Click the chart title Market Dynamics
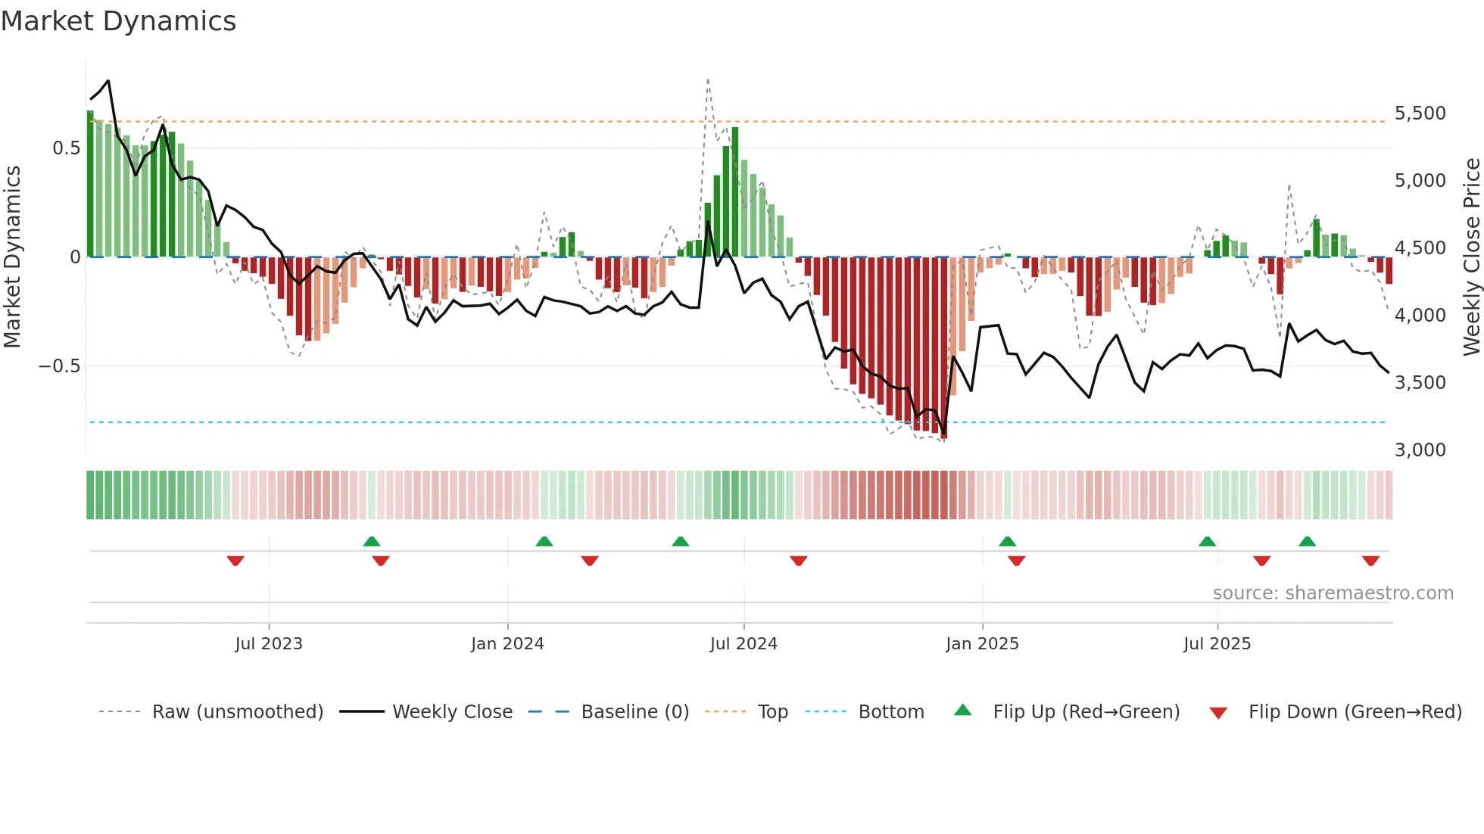point(118,21)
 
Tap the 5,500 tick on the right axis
point(1420,114)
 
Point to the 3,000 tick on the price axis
point(1420,450)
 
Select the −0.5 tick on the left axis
point(59,366)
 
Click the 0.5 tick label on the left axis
point(66,148)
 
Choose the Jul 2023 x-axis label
point(268,644)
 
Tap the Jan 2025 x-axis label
point(982,644)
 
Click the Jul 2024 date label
point(744,644)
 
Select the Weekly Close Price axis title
point(1471,257)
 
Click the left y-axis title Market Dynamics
point(12,257)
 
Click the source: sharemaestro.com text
point(1333,593)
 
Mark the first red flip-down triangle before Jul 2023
point(235,561)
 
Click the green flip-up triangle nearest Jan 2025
point(1007,541)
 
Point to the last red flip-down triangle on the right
point(1370,561)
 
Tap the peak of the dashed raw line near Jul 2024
point(708,79)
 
